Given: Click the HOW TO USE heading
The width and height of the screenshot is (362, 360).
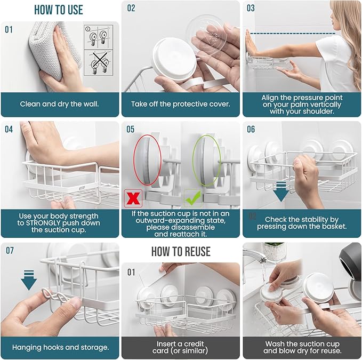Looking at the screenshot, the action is pos(59,10).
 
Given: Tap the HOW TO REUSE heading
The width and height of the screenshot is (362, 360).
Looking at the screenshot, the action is pos(181,252).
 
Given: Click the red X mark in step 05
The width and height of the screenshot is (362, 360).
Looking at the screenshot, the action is pos(133,198).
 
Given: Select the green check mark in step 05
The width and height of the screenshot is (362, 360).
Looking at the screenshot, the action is pos(194,198).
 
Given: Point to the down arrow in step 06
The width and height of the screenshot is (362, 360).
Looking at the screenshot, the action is pos(281,191).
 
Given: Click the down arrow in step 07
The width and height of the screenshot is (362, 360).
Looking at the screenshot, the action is pos(29,280).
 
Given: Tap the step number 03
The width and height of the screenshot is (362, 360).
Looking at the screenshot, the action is pos(251,8).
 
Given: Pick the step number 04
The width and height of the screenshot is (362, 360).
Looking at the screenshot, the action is pos(9,129).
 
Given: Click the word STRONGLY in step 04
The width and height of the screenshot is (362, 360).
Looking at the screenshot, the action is pos(43,223).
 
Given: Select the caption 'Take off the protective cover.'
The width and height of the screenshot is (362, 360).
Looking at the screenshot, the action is pos(181,104).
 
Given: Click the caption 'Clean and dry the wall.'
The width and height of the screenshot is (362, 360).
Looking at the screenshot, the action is pos(59,104).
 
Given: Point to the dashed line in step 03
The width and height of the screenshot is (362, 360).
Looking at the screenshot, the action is pos(293,34).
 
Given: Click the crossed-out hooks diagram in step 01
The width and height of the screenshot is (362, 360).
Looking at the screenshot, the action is pos(99,62).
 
